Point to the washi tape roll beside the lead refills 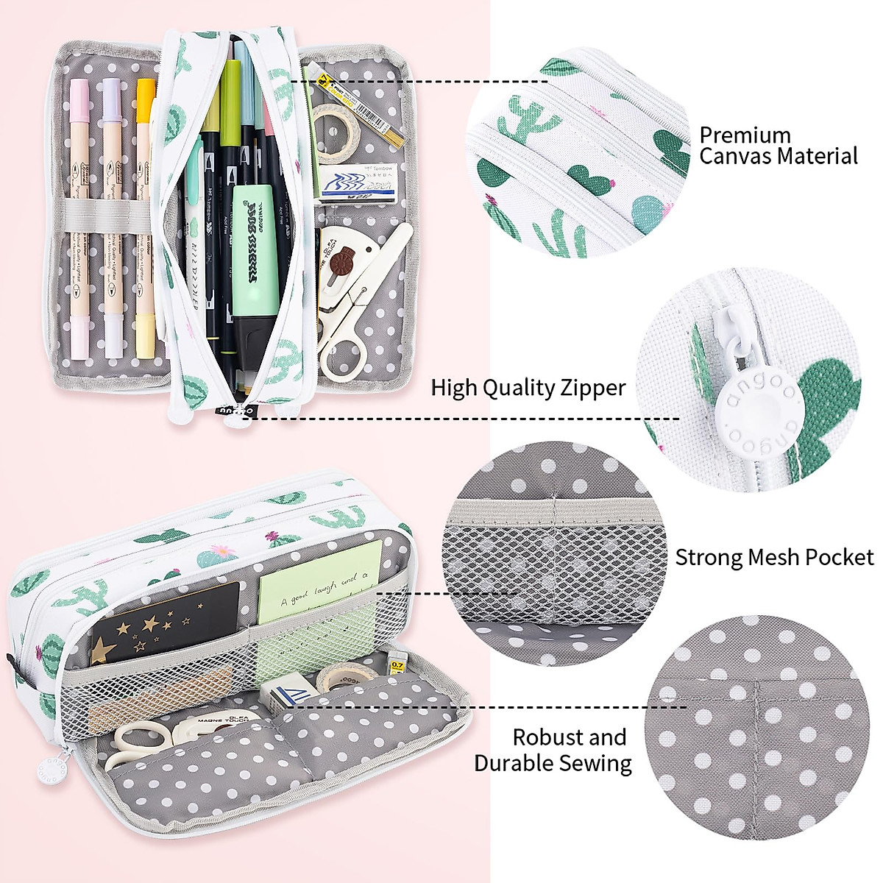pyautogui.click(x=336, y=129)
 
